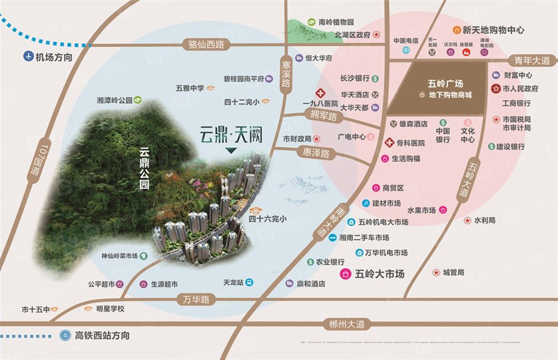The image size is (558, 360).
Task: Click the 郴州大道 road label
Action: [347, 323]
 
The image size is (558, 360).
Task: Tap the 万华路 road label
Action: [196, 300]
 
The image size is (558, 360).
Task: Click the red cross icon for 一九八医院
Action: [321, 93]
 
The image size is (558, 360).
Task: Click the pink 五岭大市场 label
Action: [379, 274]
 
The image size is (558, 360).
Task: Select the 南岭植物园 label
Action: [336, 23]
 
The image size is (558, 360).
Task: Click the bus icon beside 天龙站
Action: [249, 282]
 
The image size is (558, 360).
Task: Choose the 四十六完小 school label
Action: [267, 219]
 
